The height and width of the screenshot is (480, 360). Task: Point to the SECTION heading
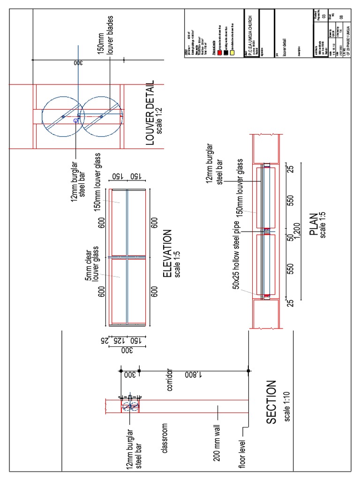coord(272,403)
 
